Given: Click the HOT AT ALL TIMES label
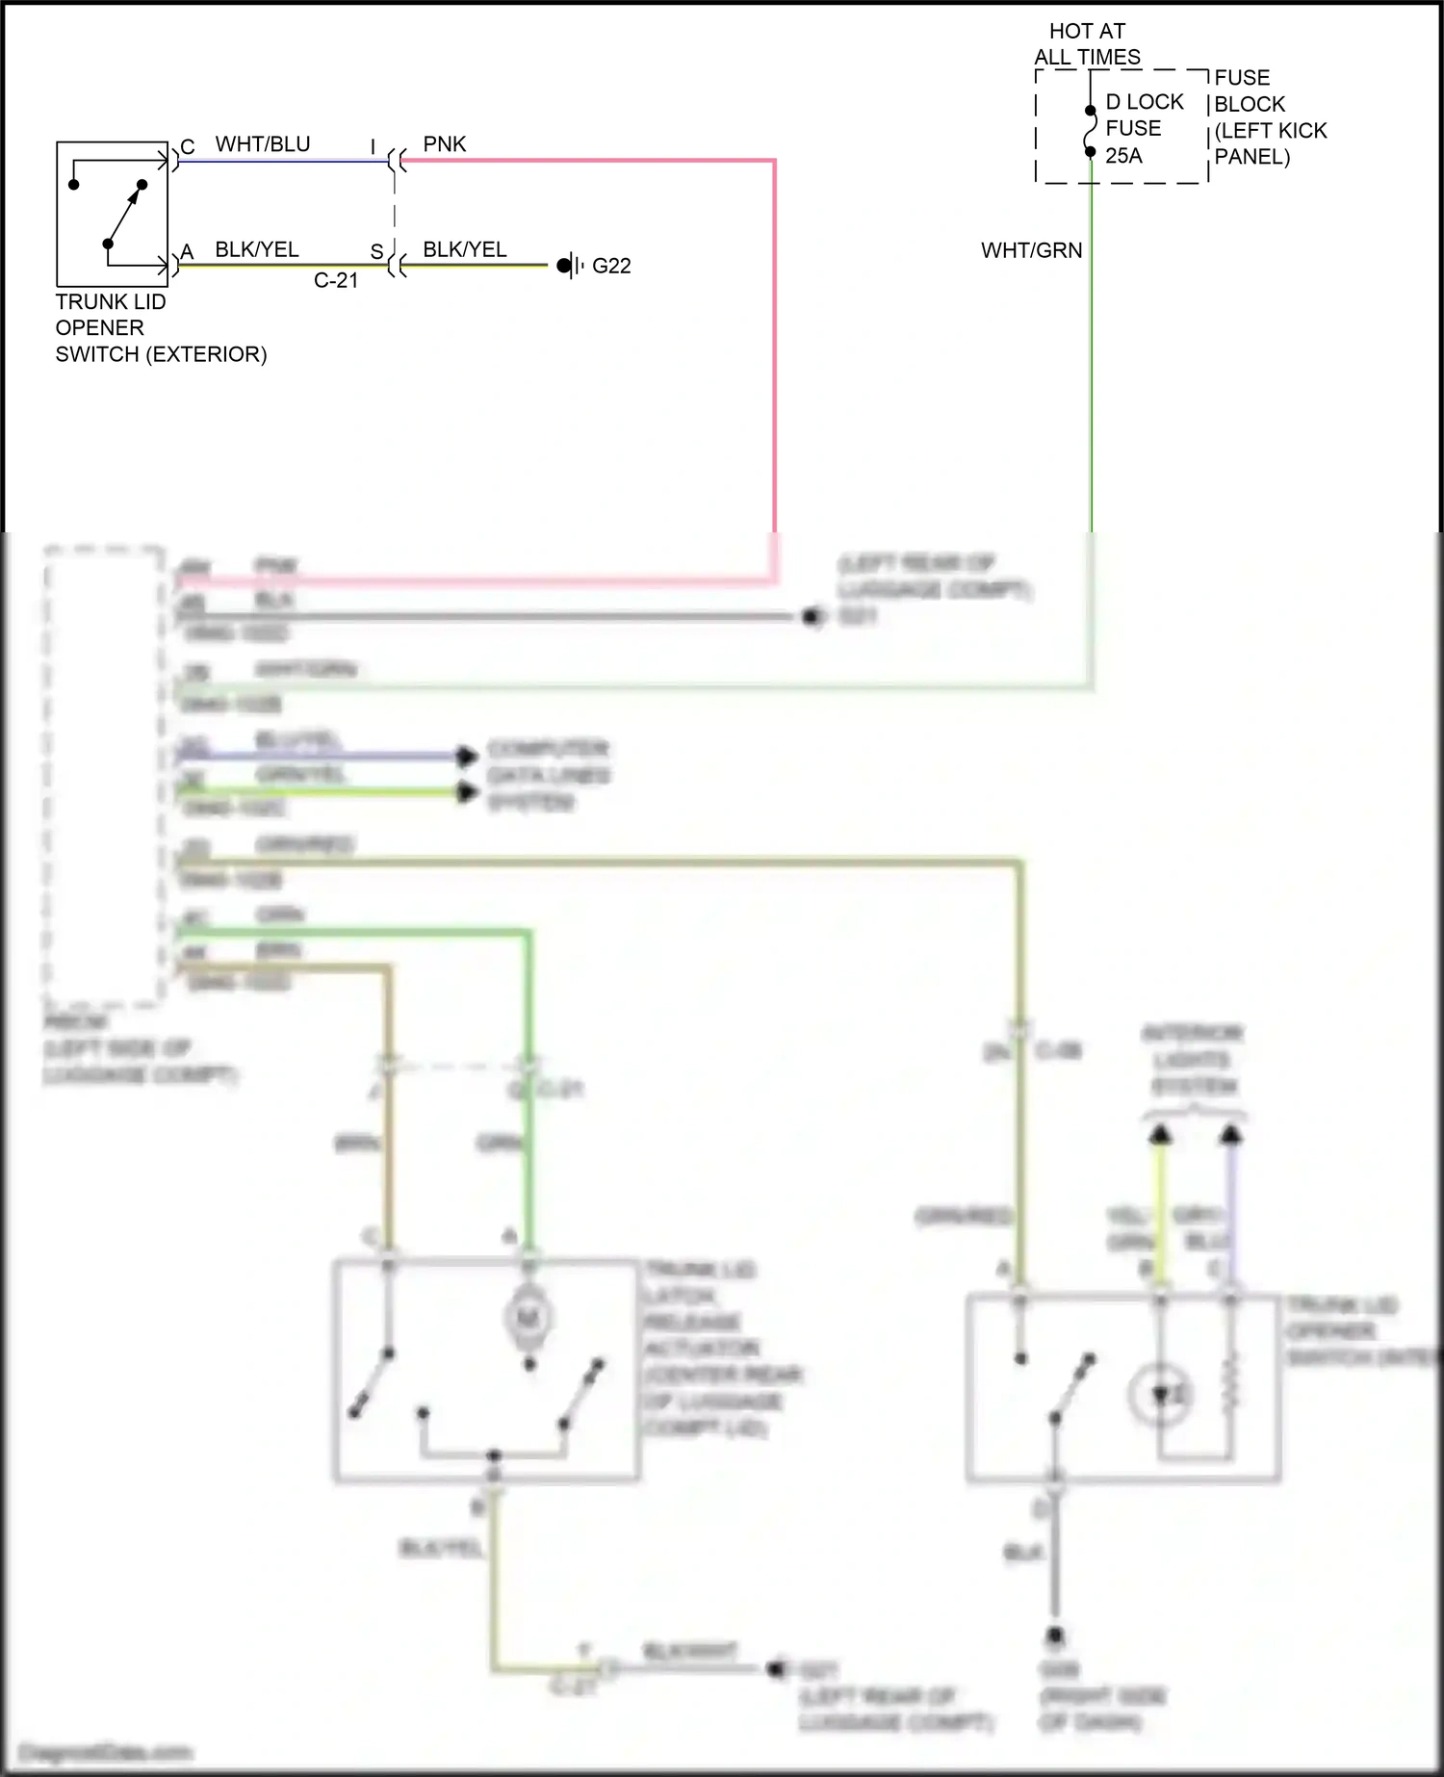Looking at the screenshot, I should (1087, 44).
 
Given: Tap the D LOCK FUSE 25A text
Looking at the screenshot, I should (1143, 129).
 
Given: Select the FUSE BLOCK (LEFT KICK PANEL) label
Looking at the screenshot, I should (1270, 116).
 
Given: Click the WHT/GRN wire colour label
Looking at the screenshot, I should (1031, 250).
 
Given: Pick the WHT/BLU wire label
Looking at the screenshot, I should (262, 144).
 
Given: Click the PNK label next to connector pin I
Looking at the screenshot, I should (444, 144).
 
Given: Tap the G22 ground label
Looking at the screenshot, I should (611, 267).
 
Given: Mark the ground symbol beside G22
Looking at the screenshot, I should (571, 266).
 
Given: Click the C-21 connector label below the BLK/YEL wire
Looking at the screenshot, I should (336, 281).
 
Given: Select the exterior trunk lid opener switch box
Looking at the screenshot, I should (112, 213).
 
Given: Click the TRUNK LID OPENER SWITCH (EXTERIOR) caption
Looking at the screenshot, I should (160, 328).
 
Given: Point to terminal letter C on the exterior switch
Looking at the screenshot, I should (188, 147).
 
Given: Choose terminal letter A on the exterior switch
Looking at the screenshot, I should (187, 252).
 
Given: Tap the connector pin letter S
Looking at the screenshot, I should (376, 252).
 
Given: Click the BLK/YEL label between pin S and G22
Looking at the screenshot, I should (464, 250).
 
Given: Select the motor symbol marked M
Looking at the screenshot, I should (528, 1317).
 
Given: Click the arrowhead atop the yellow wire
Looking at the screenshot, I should (1161, 1135).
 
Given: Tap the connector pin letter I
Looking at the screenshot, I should (374, 147).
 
